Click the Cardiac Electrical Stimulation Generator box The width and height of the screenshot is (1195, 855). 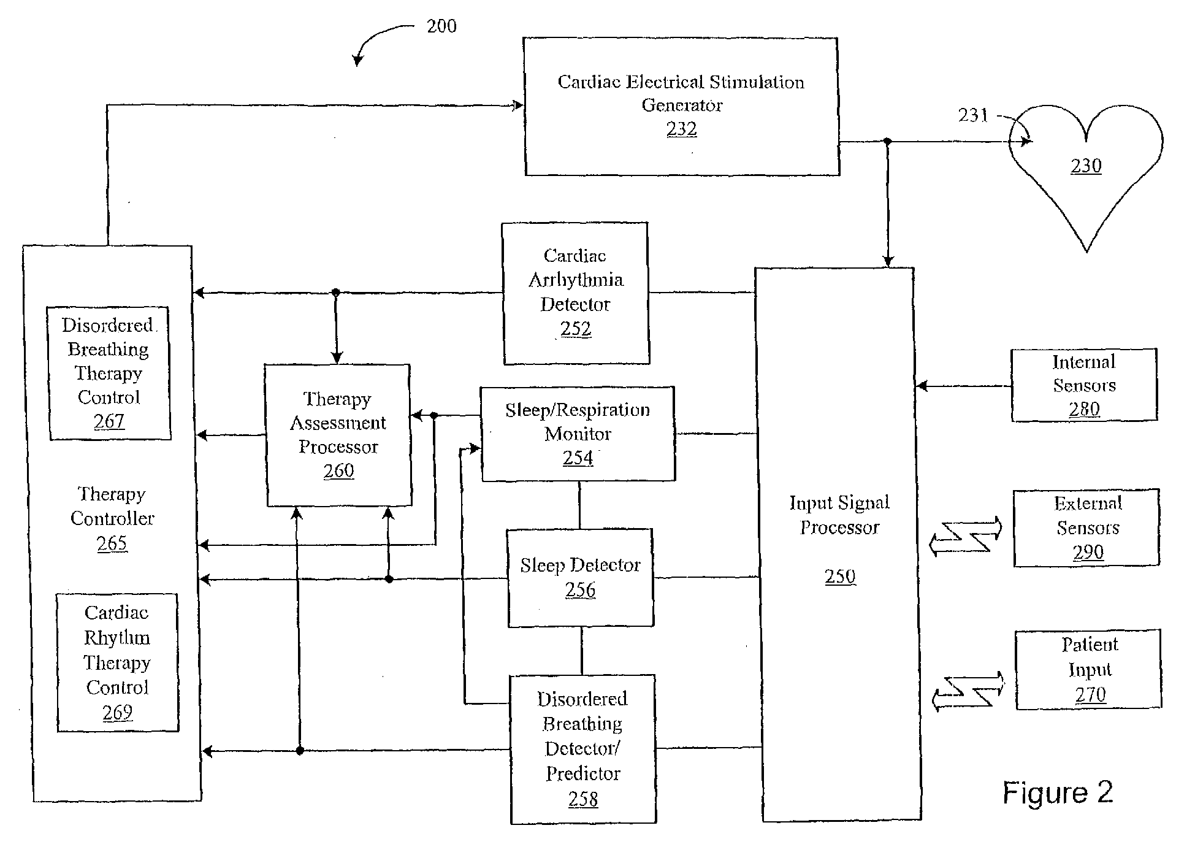coord(681,106)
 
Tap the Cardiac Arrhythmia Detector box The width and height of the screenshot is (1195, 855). coord(575,293)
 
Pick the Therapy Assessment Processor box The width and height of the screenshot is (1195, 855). coord(338,435)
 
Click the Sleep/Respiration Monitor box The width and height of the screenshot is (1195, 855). coord(578,434)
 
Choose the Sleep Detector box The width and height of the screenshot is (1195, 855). coord(580,577)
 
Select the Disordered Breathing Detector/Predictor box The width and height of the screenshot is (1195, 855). coord(582,749)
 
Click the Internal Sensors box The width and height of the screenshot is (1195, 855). coord(1083,385)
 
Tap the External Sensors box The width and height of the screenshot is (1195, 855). coord(1086,527)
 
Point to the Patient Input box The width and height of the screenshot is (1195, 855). coord(1088,669)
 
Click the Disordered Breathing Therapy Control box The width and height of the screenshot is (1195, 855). coord(109,373)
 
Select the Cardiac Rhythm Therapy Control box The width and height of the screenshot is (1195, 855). coord(117,662)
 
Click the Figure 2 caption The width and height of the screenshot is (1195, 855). coord(1057,792)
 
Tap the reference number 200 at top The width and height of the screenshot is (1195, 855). coord(441,26)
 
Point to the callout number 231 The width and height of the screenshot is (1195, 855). coord(972,115)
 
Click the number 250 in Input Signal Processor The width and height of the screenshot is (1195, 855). coord(839,577)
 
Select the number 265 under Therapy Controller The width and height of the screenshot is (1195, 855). coord(112,543)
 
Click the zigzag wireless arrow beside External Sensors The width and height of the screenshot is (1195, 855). coord(965,535)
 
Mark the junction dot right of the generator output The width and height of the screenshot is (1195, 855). coord(887,142)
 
